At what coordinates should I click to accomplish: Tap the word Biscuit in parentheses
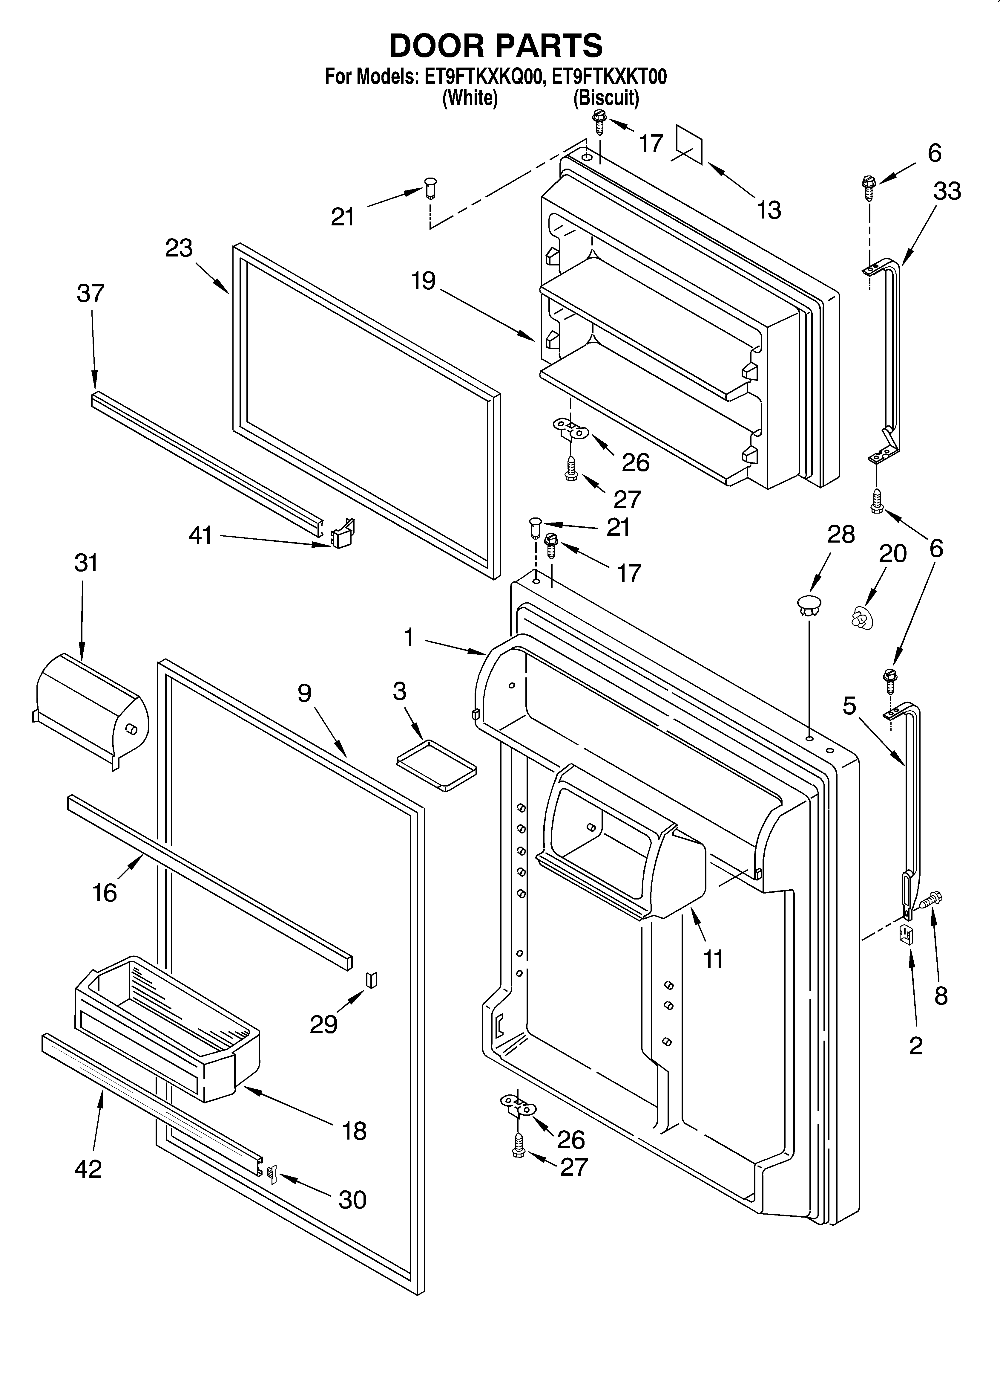[606, 97]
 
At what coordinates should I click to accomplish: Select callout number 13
[769, 210]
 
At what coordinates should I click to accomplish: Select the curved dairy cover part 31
[91, 709]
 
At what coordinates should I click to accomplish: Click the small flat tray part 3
[436, 765]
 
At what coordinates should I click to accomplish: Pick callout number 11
[713, 959]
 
